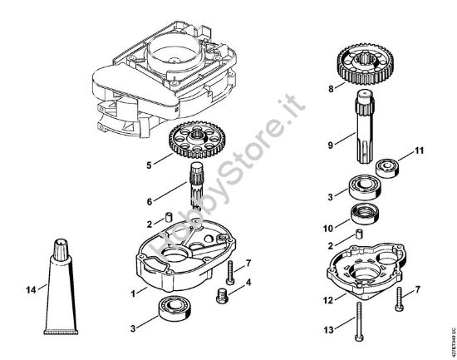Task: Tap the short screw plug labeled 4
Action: click(x=220, y=293)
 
